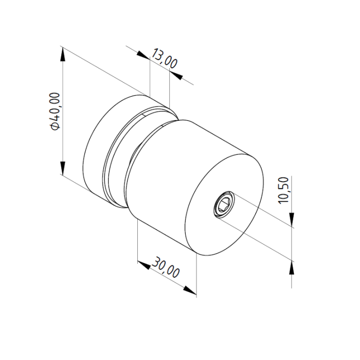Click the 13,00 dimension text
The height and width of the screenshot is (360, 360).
(x=164, y=58)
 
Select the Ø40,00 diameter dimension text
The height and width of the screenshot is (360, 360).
(x=55, y=111)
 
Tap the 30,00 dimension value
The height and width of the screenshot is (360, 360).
(x=166, y=268)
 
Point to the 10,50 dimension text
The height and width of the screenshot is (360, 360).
(x=283, y=190)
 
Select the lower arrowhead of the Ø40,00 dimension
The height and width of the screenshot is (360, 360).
(x=62, y=168)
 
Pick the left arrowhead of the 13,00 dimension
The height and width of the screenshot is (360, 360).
(x=142, y=55)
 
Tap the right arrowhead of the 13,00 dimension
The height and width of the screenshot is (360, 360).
(x=176, y=75)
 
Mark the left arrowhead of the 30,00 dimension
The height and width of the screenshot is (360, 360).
(x=143, y=264)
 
